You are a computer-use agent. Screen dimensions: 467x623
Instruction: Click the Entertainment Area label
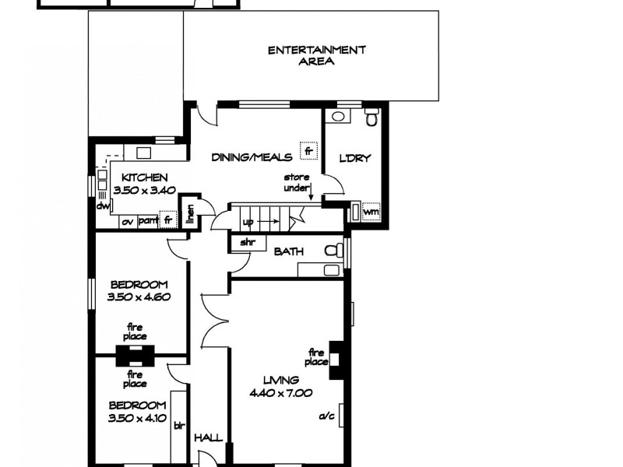[317, 56]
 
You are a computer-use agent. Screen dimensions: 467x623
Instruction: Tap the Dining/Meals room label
[252, 157]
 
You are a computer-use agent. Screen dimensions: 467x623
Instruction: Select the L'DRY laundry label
[354, 159]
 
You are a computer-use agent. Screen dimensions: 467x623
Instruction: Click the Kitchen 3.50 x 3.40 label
[144, 184]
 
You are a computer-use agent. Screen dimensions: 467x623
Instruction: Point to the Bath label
[288, 251]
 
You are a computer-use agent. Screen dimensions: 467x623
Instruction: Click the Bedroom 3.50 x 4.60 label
[139, 290]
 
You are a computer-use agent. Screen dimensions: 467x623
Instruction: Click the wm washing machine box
[371, 212]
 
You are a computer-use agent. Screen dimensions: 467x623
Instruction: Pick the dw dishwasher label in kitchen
[102, 207]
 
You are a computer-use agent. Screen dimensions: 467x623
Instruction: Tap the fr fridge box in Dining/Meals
[308, 149]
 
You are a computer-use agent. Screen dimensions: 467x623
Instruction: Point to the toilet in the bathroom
[333, 252]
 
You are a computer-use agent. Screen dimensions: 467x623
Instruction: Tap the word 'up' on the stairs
[248, 222]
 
